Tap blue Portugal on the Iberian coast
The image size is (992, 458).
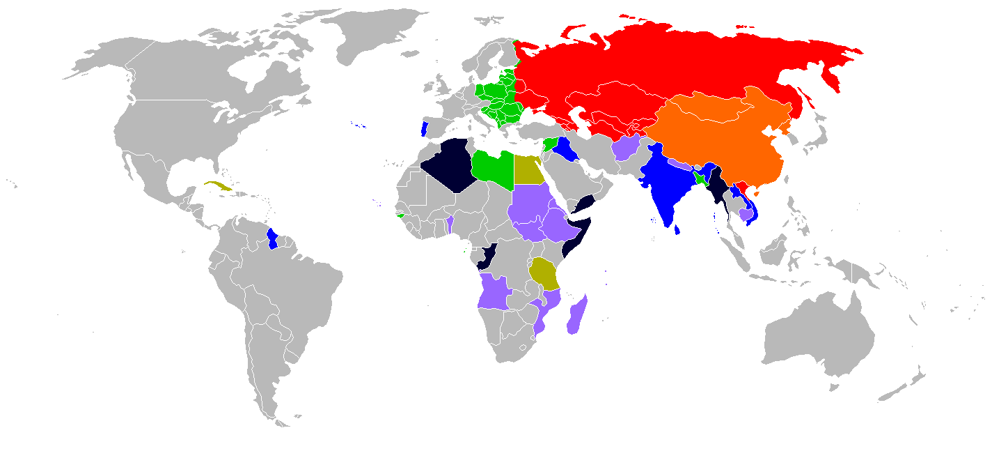(x=424, y=129)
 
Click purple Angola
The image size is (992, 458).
(x=493, y=293)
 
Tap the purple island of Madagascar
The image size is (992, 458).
(x=576, y=317)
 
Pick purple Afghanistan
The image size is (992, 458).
(x=627, y=148)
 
